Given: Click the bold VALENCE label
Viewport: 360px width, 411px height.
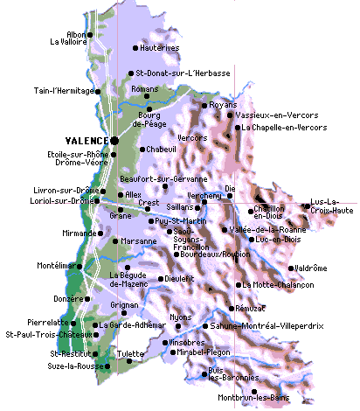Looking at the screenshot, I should [x=86, y=140].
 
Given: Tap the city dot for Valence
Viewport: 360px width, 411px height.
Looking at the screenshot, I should [x=114, y=139].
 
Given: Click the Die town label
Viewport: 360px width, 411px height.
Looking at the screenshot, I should [x=230, y=188].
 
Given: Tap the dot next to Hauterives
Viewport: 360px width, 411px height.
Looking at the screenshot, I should [x=135, y=48].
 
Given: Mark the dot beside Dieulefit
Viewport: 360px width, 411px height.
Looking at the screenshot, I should [x=161, y=279].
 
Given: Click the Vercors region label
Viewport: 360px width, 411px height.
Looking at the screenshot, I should [x=192, y=138].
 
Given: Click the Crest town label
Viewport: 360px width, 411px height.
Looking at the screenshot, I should [x=149, y=202].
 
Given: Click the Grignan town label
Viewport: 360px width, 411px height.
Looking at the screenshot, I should [x=125, y=305].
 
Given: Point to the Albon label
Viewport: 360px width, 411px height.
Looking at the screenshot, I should [x=76, y=34].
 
